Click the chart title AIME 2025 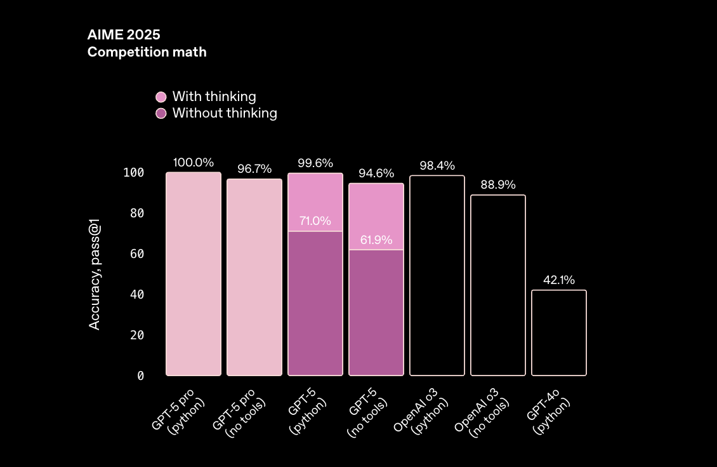click(x=124, y=35)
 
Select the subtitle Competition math click(x=147, y=52)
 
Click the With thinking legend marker click(x=161, y=97)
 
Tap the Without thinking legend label click(x=225, y=113)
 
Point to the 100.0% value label click(x=194, y=163)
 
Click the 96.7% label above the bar click(x=254, y=169)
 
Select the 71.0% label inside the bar click(x=315, y=221)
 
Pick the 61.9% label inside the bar click(x=376, y=240)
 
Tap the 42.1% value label click(x=559, y=280)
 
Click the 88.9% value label click(x=498, y=185)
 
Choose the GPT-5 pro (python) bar click(x=194, y=274)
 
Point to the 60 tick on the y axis click(x=138, y=254)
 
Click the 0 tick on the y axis click(x=141, y=376)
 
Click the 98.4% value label click(x=437, y=166)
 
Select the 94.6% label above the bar click(x=376, y=173)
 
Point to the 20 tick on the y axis click(x=138, y=335)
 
